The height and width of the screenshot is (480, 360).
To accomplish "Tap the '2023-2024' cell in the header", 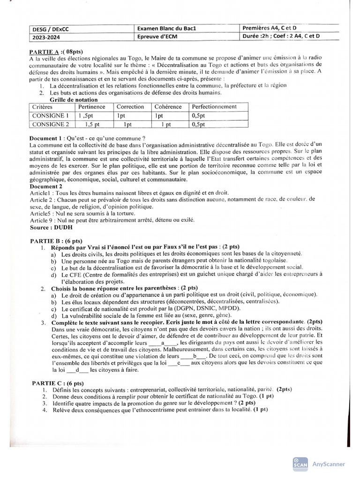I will click(46, 37).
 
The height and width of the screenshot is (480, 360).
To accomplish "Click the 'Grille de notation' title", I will click(74, 100).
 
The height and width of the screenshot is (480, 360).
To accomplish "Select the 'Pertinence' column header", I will click(92, 107).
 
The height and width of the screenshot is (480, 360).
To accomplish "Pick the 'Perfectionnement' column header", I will click(214, 107).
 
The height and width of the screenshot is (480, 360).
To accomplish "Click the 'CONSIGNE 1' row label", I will click(50, 115).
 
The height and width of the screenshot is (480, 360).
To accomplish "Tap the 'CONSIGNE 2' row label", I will click(50, 124).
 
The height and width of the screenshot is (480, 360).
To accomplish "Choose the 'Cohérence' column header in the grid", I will click(168, 107).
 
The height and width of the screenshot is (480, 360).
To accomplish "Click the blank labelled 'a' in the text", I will click(162, 343).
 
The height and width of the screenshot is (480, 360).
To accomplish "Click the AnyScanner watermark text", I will click(328, 464).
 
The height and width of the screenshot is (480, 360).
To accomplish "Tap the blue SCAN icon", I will click(300, 463).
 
